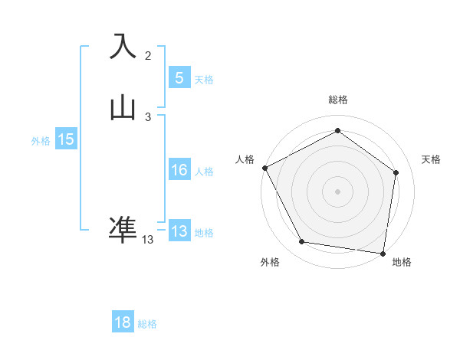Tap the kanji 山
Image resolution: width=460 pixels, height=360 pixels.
(123, 108)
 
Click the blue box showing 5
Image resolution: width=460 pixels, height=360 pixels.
(179, 77)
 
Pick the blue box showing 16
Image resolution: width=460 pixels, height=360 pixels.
(179, 170)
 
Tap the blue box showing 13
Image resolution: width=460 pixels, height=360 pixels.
(179, 231)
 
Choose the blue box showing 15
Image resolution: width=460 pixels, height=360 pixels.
(66, 139)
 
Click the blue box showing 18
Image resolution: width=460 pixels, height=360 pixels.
(123, 322)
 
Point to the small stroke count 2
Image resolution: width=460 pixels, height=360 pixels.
(148, 55)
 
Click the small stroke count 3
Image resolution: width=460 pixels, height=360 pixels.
(148, 117)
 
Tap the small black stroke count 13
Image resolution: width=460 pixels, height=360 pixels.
(147, 240)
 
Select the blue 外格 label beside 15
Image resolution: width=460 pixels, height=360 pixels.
(41, 140)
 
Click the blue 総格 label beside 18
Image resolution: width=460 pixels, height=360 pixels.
(147, 324)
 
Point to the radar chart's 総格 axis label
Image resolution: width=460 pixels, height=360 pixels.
(337, 100)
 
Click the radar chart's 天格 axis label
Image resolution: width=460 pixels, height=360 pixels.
(432, 159)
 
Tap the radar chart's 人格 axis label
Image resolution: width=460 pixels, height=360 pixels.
(245, 159)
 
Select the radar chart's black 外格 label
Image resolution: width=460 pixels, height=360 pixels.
(270, 262)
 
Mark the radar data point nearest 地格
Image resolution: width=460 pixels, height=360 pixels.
(383, 253)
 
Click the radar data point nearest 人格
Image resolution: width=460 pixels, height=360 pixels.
(264, 168)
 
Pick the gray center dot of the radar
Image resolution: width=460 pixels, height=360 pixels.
(337, 191)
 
